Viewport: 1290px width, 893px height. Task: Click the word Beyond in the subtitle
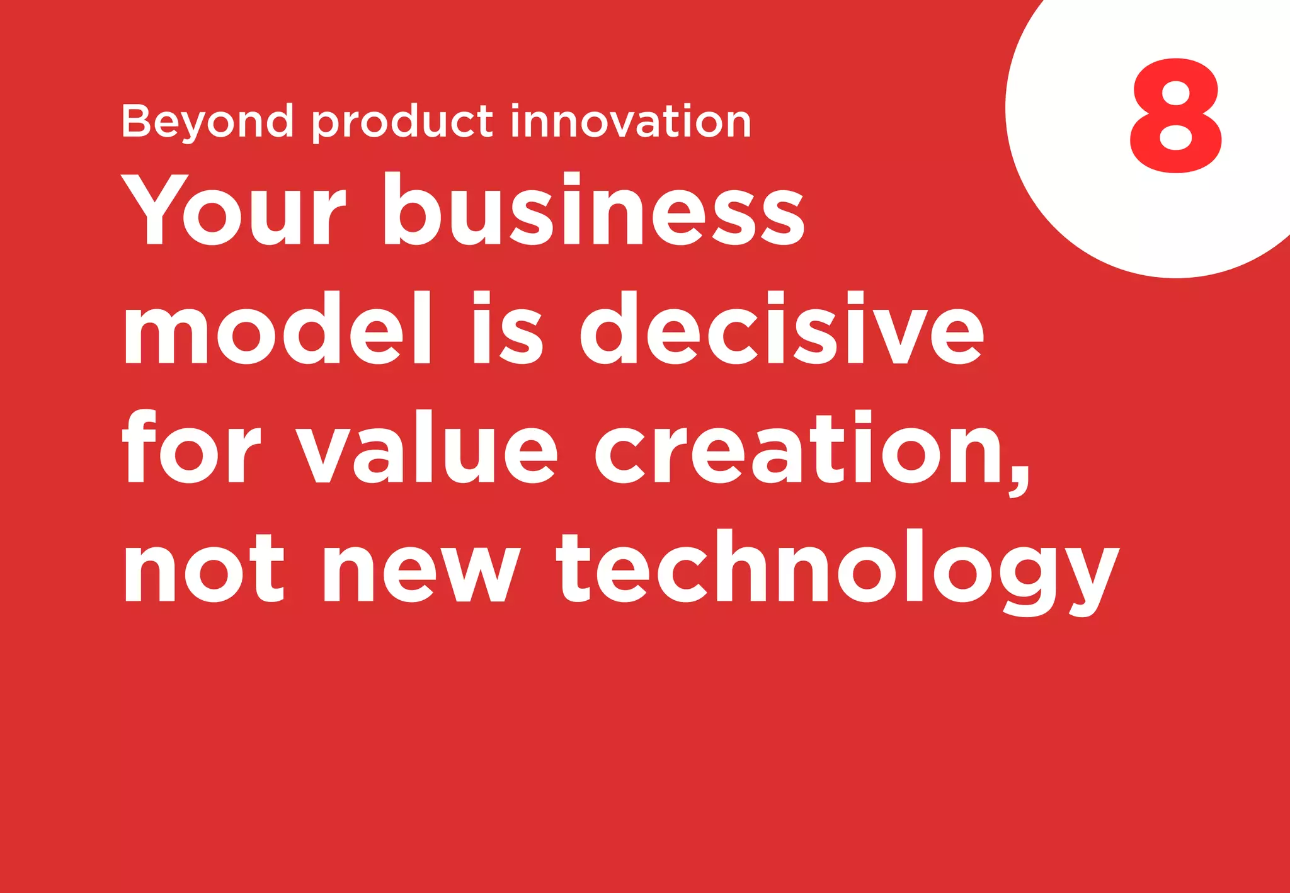tap(207, 121)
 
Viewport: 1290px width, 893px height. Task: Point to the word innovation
tap(631, 121)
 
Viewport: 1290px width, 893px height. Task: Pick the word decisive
tap(781, 328)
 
